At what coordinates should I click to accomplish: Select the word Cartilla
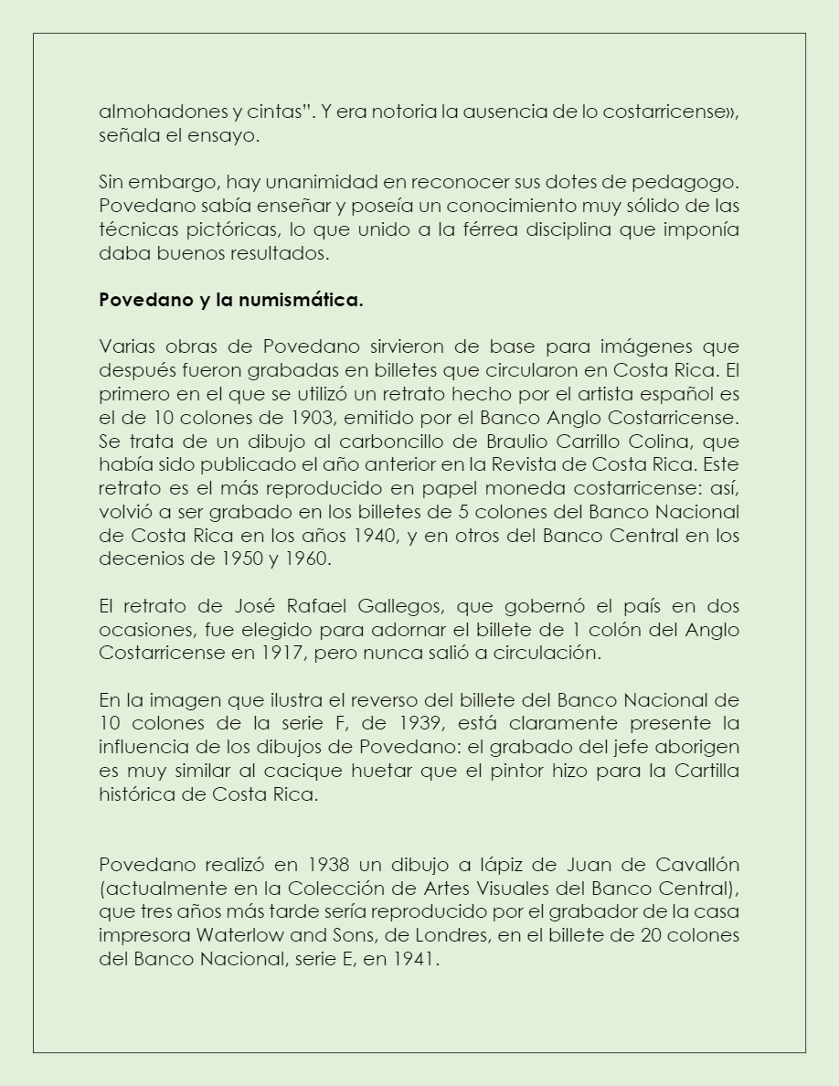(706, 771)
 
